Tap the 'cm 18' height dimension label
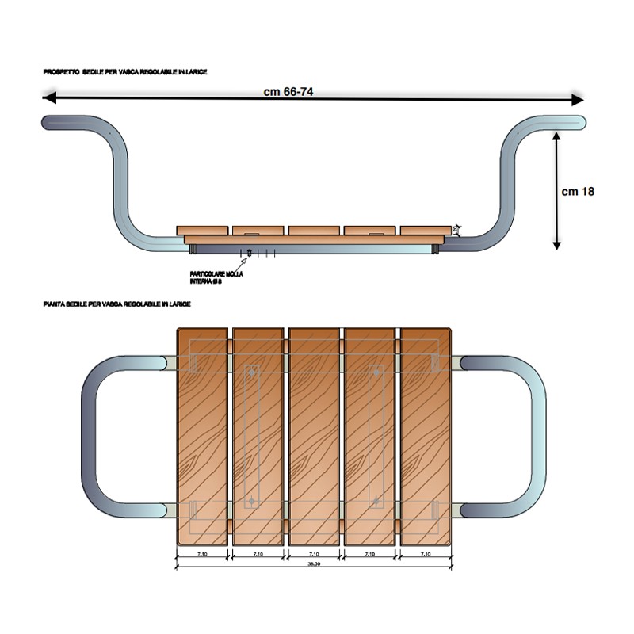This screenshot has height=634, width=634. click(x=578, y=191)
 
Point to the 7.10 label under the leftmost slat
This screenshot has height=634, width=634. click(x=201, y=554)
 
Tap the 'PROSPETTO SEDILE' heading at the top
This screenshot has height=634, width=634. click(x=125, y=72)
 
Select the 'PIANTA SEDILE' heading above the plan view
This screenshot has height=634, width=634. click(x=116, y=304)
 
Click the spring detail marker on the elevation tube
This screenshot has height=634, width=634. click(x=250, y=253)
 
